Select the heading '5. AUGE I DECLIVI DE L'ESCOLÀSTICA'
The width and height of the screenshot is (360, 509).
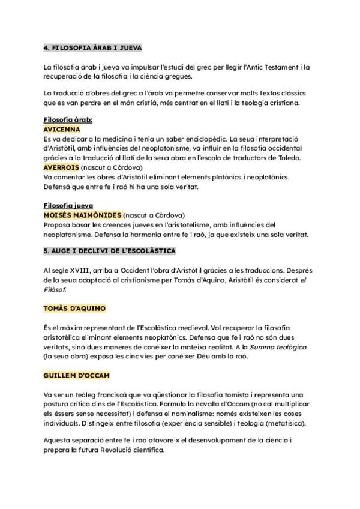109,250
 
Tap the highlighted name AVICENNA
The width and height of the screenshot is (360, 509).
62,129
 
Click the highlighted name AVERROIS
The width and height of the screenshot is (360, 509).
61,167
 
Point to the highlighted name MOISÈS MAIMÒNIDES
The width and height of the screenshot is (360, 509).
82,215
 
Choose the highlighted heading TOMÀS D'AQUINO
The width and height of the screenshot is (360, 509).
74,309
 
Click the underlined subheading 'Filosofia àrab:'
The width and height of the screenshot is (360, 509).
68,120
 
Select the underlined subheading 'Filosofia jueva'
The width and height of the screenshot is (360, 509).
67,205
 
